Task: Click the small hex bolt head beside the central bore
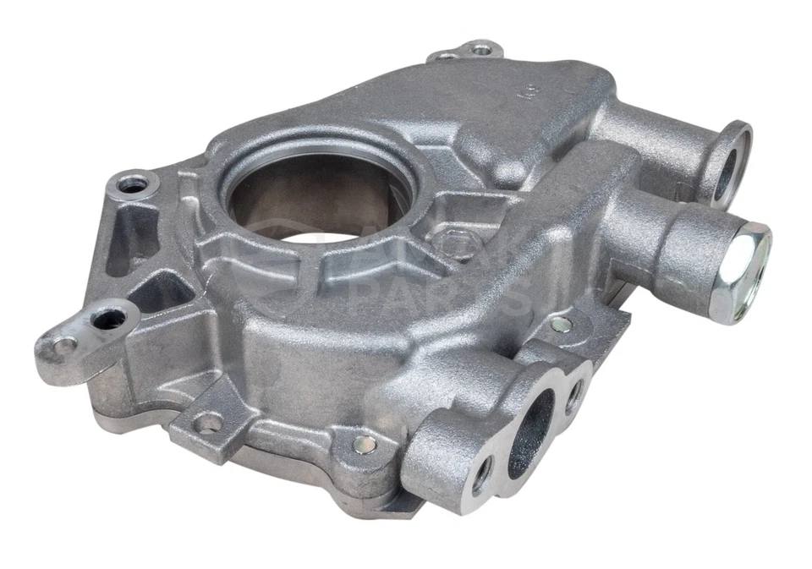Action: point(448,243)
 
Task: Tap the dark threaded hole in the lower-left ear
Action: point(108,318)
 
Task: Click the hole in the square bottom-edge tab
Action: point(207,421)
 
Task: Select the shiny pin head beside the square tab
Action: point(366,442)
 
